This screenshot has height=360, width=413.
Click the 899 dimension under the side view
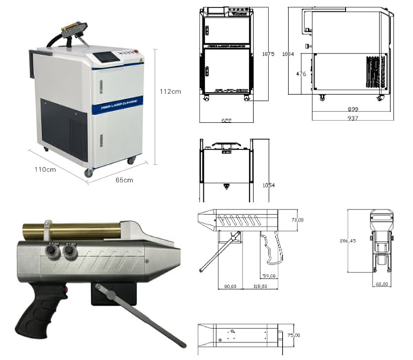pos(352,109)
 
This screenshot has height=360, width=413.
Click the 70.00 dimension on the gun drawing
pos(297,220)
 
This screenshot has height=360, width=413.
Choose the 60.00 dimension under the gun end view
pos(381,284)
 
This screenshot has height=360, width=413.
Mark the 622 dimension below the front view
pos(225,120)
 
